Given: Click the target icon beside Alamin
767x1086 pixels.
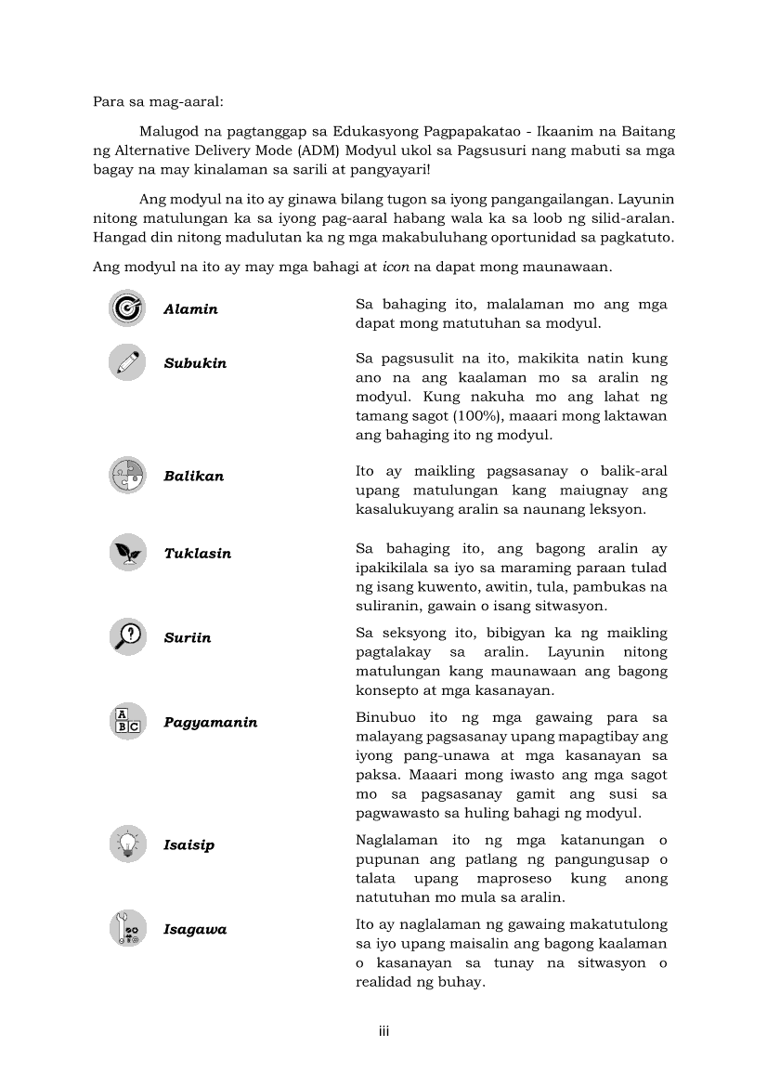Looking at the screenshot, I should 127,308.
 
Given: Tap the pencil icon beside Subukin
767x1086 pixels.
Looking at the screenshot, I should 127,362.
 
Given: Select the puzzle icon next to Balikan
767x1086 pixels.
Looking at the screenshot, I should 127,476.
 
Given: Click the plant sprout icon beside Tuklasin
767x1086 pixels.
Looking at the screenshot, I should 127,553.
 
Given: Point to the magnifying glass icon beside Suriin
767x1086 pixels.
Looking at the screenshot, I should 127,637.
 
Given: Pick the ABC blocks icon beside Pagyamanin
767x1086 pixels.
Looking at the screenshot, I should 127,722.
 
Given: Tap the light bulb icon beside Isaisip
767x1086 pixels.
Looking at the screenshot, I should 127,844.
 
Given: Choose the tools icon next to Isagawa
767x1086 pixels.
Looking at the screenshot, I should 127,929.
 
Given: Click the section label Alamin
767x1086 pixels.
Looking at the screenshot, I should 190,309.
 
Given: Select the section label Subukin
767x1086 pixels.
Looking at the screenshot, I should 195,363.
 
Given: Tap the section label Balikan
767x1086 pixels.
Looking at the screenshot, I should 193,477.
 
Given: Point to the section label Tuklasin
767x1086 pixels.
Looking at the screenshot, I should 198,554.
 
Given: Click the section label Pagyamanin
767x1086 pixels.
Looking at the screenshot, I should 211,723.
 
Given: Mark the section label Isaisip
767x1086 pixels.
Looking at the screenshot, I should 188,845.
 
